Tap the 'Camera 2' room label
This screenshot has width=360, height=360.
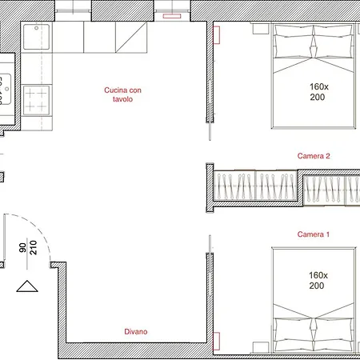point(314,157)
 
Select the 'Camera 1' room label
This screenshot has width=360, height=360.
point(314,234)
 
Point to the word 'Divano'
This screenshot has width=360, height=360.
point(135,331)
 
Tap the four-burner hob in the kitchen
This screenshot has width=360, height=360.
point(37,101)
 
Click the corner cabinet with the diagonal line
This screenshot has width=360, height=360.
point(131,35)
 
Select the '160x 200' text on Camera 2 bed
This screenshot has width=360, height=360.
point(317,91)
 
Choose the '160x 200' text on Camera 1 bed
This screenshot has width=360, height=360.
point(317,280)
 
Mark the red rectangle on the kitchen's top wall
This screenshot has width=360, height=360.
point(170,15)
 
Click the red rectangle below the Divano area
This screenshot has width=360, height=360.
point(216,340)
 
